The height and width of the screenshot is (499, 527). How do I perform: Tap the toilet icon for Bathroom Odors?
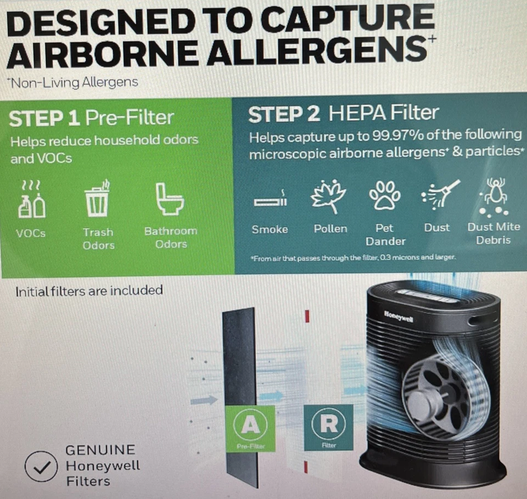[x=170, y=199]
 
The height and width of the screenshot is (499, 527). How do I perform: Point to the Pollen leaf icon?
[x=329, y=196]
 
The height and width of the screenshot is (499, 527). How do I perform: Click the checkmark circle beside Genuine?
[x=42, y=466]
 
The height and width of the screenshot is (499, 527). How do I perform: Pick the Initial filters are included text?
[x=89, y=290]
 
